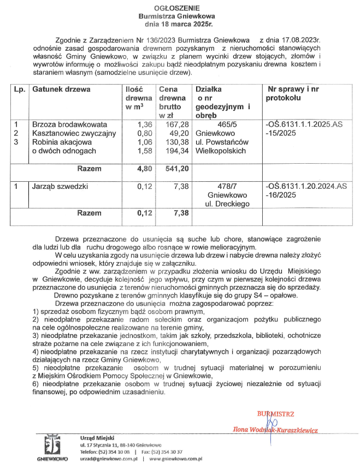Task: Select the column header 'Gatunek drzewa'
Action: [x=61, y=89]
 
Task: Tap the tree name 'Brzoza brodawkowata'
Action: [x=67, y=124]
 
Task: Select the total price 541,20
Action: [x=176, y=169]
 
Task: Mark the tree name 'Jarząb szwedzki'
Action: [x=60, y=186]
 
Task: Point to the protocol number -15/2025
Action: [x=280, y=133]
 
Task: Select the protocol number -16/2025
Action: [x=280, y=195]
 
